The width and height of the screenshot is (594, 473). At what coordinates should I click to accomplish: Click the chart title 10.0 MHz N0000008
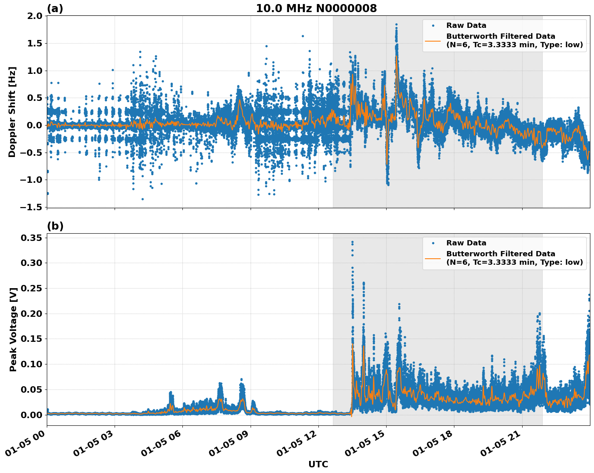(x=316, y=8)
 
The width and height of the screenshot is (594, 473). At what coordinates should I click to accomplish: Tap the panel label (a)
(x=55, y=8)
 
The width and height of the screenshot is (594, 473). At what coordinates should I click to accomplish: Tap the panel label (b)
(x=55, y=226)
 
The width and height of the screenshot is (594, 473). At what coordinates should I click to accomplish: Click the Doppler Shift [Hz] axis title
(x=12, y=112)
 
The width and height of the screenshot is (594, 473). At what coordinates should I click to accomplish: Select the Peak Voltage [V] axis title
(x=13, y=329)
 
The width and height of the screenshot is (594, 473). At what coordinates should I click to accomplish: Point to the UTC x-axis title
(x=318, y=464)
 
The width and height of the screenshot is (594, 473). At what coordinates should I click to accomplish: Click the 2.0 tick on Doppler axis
(x=34, y=16)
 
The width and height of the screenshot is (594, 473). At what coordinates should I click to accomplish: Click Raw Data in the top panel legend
(x=466, y=26)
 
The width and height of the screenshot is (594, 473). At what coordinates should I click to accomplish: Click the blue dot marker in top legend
(x=433, y=26)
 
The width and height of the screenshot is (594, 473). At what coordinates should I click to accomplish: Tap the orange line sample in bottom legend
(x=433, y=258)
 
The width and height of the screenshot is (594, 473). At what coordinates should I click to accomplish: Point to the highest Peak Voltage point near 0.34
(x=352, y=242)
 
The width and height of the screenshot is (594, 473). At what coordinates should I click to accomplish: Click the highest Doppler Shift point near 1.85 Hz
(x=396, y=25)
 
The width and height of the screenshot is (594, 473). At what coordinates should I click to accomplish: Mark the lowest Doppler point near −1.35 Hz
(x=142, y=199)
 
